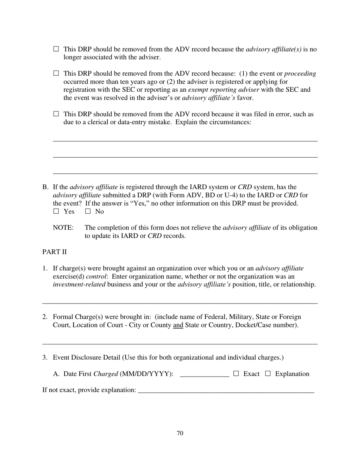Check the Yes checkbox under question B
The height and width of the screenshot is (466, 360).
(x=56, y=211)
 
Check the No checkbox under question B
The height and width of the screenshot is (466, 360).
(x=88, y=211)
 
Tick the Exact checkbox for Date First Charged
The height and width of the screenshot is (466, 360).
(x=236, y=374)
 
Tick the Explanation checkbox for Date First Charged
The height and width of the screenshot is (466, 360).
(x=268, y=374)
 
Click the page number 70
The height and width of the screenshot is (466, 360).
(x=180, y=433)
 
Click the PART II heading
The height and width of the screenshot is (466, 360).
(x=55, y=252)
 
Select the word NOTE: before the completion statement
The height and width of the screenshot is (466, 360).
(x=63, y=228)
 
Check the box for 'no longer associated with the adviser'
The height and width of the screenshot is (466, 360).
(x=56, y=49)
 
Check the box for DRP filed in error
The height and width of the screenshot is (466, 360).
(x=56, y=114)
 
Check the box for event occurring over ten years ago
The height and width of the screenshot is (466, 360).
(x=56, y=73)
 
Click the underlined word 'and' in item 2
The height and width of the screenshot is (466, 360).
(x=178, y=325)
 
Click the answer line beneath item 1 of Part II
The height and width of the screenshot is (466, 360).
(x=180, y=302)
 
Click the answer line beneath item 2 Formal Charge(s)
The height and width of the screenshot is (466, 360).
(x=180, y=343)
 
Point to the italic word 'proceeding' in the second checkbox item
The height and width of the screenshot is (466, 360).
(x=300, y=73)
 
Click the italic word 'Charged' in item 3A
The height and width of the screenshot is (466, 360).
(x=106, y=374)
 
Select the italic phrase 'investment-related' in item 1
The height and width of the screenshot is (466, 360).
(x=79, y=285)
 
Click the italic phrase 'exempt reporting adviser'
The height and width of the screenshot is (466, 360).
(x=223, y=90)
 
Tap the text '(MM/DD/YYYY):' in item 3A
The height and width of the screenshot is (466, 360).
(x=147, y=374)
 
